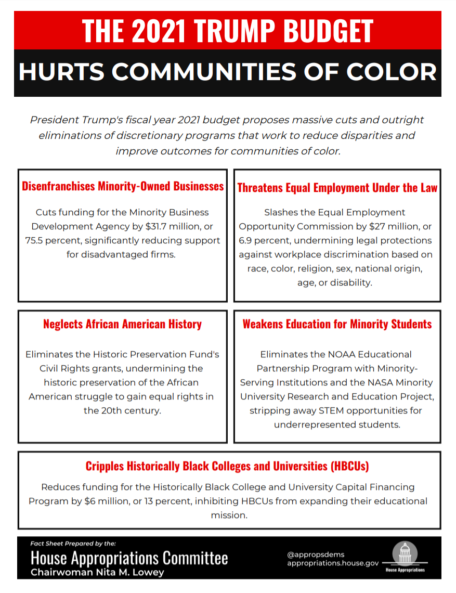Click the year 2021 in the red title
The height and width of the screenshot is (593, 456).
pos(159,31)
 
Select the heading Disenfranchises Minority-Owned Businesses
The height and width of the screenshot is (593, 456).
pos(123,186)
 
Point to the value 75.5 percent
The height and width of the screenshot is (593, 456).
pos(53,241)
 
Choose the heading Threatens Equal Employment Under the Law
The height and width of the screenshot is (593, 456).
pos(337,188)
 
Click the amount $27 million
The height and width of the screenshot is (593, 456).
pos(396,227)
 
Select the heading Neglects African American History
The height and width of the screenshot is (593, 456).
pos(122,324)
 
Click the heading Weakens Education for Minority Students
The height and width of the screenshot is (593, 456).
pos(337,324)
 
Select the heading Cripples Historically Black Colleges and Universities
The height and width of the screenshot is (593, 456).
pos(227,466)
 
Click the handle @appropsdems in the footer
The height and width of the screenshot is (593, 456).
pos(316,555)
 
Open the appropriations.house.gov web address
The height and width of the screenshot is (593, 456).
pos(333,563)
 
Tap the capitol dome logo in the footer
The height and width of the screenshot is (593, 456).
pos(405,553)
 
